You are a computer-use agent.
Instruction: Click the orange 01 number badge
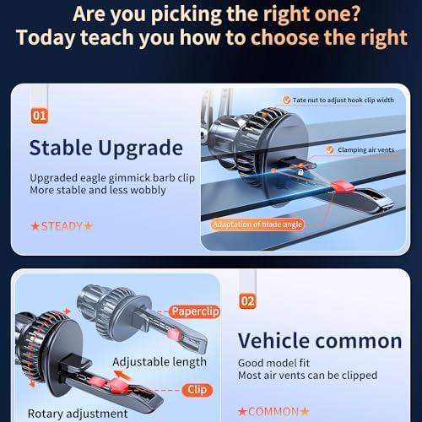coord(40,116)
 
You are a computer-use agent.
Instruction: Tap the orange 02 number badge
coord(247,301)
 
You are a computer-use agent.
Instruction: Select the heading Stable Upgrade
coord(106,149)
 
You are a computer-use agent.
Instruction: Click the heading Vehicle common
coord(320,341)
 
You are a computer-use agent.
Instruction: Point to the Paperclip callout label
coord(195,311)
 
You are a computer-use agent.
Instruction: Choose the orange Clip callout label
coord(197,390)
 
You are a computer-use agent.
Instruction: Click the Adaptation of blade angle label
coord(257,225)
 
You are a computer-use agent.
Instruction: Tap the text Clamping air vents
coord(365,150)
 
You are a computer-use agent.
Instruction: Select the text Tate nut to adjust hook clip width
coord(344,100)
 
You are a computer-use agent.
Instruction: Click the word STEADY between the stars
coord(62,226)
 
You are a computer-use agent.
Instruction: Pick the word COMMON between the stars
coord(273,412)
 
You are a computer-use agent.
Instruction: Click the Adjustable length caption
coord(160,362)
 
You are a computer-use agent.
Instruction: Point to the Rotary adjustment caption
coord(78,414)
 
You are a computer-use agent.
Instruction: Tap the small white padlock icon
coord(300,172)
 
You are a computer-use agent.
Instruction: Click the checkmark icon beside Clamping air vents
coord(330,150)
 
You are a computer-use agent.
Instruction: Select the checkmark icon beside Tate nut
coord(287,100)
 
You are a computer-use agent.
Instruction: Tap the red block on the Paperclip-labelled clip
coord(175,334)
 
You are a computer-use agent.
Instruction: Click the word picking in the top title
coord(187,14)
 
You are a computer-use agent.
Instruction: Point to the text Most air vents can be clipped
coord(307,376)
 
